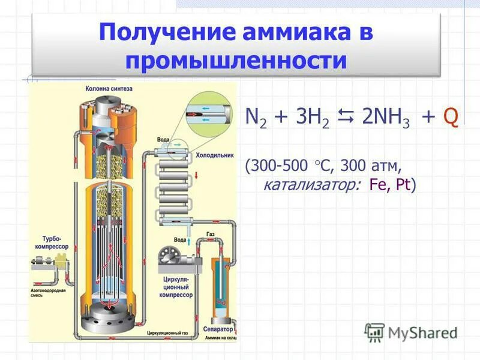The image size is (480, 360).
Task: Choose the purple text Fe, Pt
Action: tap(392, 185)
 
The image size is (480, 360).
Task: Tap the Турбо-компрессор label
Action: tap(56, 242)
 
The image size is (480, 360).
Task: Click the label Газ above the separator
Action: tap(210, 233)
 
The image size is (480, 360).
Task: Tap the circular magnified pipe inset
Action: tap(211, 114)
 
